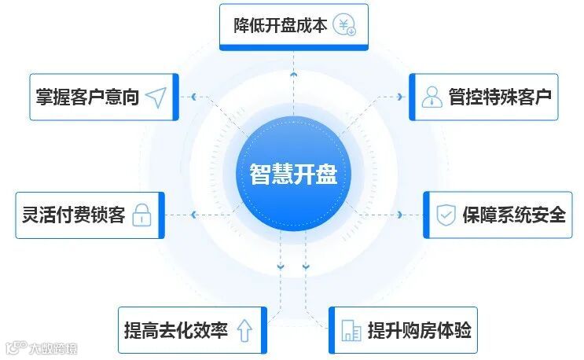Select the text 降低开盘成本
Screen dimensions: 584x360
pyautogui.click(x=280, y=25)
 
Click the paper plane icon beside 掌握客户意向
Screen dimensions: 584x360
pyautogui.click(x=156, y=97)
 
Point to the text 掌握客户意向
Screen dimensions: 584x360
pyautogui.click(x=87, y=97)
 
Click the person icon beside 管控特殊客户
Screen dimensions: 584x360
pyautogui.click(x=432, y=97)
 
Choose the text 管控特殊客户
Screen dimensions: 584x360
pyautogui.click(x=500, y=97)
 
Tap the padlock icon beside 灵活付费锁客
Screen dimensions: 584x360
pyautogui.click(x=141, y=215)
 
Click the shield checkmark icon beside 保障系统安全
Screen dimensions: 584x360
pyautogui.click(x=446, y=215)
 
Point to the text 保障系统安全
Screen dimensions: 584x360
pyautogui.click(x=514, y=215)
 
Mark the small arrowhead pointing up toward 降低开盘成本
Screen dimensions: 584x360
pyautogui.click(x=293, y=73)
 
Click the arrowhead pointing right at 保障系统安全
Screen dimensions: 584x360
pyautogui.click(x=401, y=215)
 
